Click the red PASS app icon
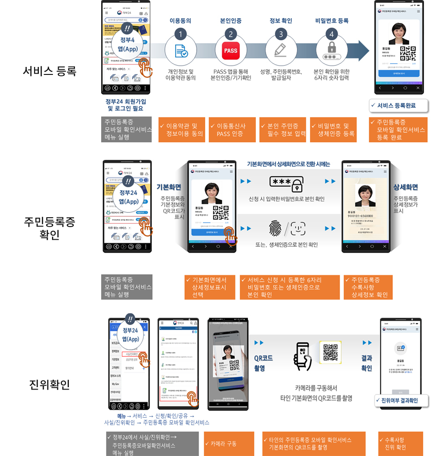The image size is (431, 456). [230, 51]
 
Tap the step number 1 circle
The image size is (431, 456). [180, 34]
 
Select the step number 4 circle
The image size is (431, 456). [332, 34]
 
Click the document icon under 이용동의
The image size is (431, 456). [180, 51]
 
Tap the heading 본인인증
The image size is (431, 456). [230, 21]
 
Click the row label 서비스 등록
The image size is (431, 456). [49, 71]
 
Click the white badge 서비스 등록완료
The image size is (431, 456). [399, 105]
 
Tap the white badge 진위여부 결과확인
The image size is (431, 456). [402, 401]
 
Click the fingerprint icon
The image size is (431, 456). [276, 228]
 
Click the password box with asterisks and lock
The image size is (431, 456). [286, 184]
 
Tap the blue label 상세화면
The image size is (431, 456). [406, 187]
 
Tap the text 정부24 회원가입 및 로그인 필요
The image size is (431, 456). [126, 105]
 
